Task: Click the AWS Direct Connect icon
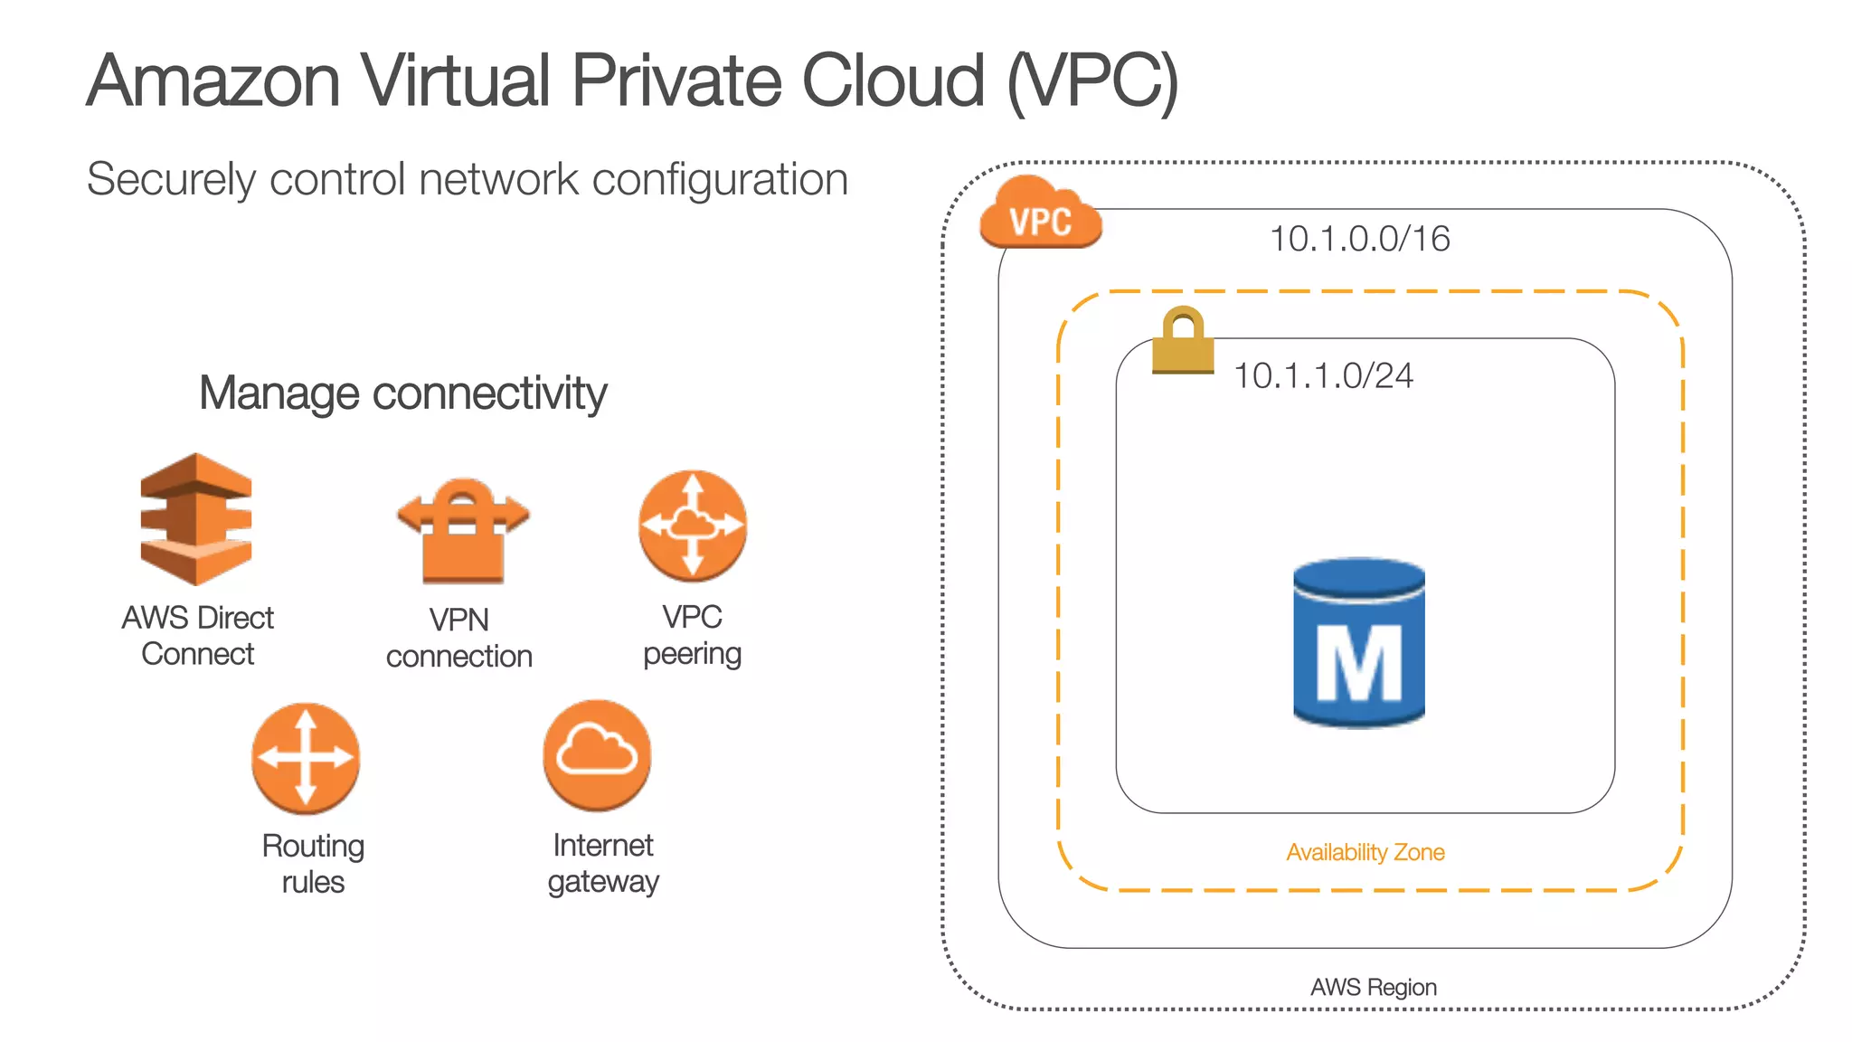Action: (x=196, y=519)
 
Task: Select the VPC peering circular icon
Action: (x=693, y=526)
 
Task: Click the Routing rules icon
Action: (x=306, y=758)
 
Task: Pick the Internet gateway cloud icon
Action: (x=597, y=754)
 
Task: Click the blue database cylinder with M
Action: (x=1359, y=643)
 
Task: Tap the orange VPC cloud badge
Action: (x=1040, y=214)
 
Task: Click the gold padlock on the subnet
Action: (x=1183, y=341)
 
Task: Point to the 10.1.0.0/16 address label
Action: (x=1359, y=239)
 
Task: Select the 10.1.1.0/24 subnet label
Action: (x=1323, y=375)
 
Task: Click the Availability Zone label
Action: (x=1365, y=852)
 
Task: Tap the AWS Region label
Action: (x=1373, y=987)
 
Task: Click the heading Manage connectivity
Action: (x=402, y=393)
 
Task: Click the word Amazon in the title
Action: (x=213, y=81)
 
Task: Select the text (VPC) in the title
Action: (x=1092, y=81)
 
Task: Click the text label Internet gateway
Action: (x=603, y=863)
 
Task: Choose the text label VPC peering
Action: (x=692, y=635)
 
